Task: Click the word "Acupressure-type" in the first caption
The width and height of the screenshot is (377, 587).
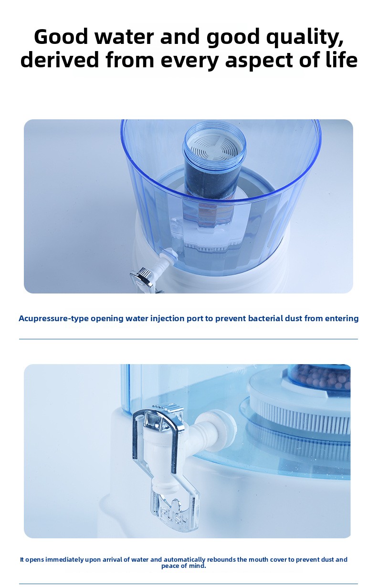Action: point(53,318)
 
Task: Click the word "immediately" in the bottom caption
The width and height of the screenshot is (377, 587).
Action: point(65,559)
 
